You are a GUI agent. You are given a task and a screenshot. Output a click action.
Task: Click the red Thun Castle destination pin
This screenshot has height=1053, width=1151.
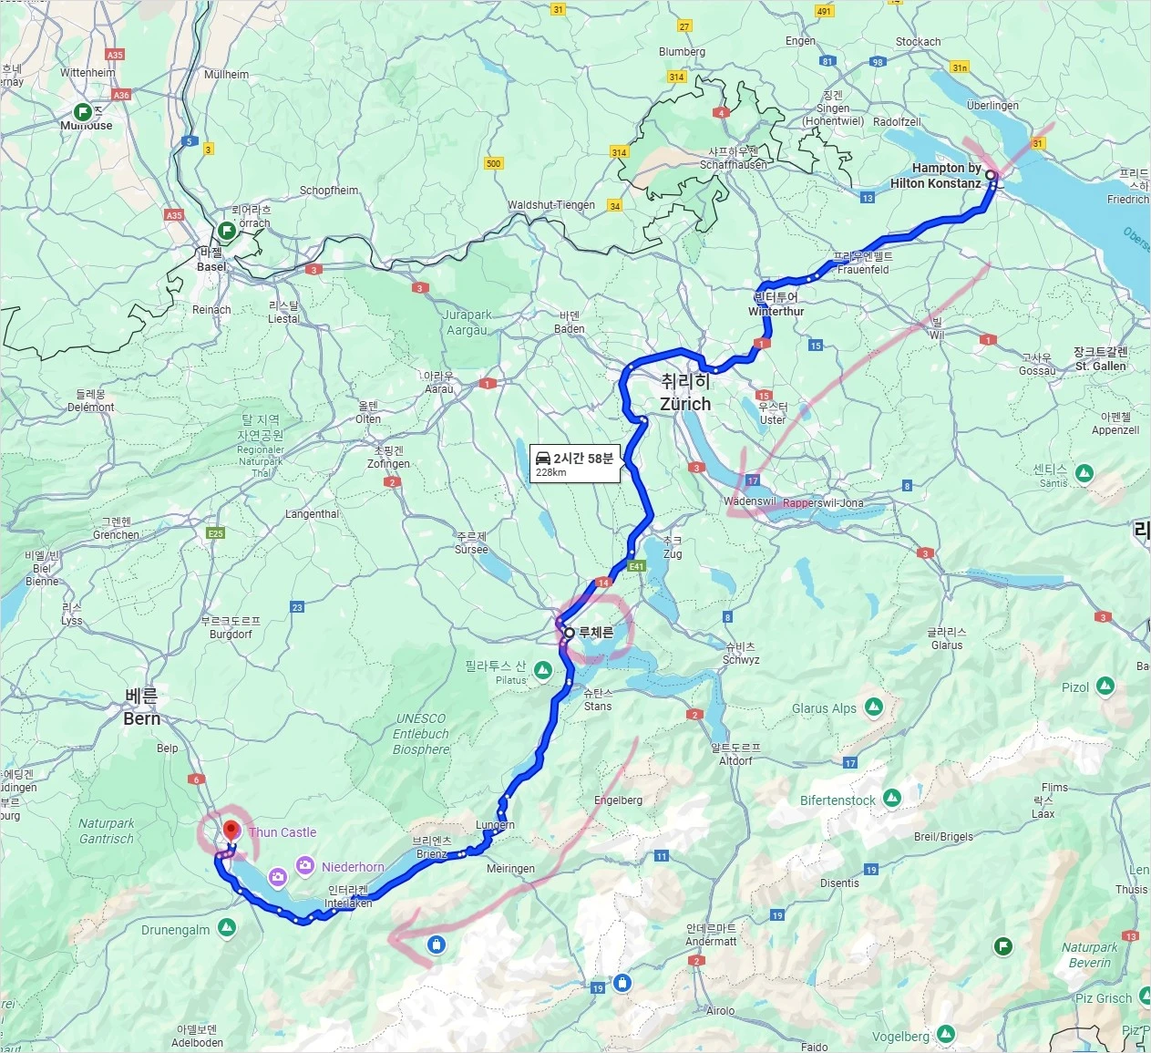click(x=231, y=831)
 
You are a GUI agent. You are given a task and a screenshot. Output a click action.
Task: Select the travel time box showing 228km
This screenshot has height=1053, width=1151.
click(x=575, y=463)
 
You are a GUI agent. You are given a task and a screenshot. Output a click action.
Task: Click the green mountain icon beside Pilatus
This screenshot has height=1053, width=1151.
click(x=543, y=671)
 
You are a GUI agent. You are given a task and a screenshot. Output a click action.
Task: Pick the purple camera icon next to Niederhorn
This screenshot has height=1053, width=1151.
click(x=305, y=865)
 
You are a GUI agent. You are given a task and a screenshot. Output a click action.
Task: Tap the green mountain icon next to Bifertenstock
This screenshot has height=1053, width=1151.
click(x=892, y=798)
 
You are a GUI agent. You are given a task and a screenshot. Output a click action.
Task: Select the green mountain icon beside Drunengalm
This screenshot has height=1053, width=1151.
click(x=227, y=927)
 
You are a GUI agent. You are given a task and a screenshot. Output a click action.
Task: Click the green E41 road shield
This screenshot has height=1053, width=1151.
click(x=636, y=566)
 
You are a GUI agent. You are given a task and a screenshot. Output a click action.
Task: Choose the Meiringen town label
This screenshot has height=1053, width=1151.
click(x=510, y=869)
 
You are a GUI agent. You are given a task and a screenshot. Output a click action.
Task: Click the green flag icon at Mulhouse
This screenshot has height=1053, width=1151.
click(x=83, y=112)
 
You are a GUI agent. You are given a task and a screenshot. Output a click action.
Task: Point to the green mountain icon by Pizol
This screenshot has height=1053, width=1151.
click(x=1105, y=686)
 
